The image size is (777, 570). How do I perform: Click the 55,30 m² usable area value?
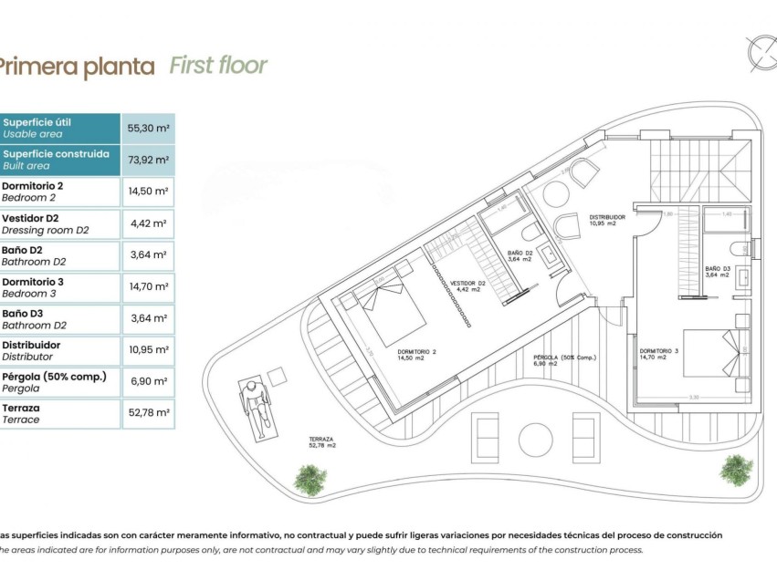click(147, 129)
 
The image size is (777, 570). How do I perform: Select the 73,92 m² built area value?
click(147, 160)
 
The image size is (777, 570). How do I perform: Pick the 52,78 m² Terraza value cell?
click(147, 413)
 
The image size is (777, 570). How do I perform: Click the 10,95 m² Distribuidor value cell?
click(147, 350)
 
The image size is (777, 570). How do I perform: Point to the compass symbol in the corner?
click(760, 52)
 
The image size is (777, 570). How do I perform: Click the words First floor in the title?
click(218, 66)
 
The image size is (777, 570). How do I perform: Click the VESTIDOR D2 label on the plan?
click(467, 286)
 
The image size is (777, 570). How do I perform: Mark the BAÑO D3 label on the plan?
click(717, 272)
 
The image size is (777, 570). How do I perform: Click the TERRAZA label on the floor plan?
click(322, 441)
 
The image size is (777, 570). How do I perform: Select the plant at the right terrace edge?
click(735, 470)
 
